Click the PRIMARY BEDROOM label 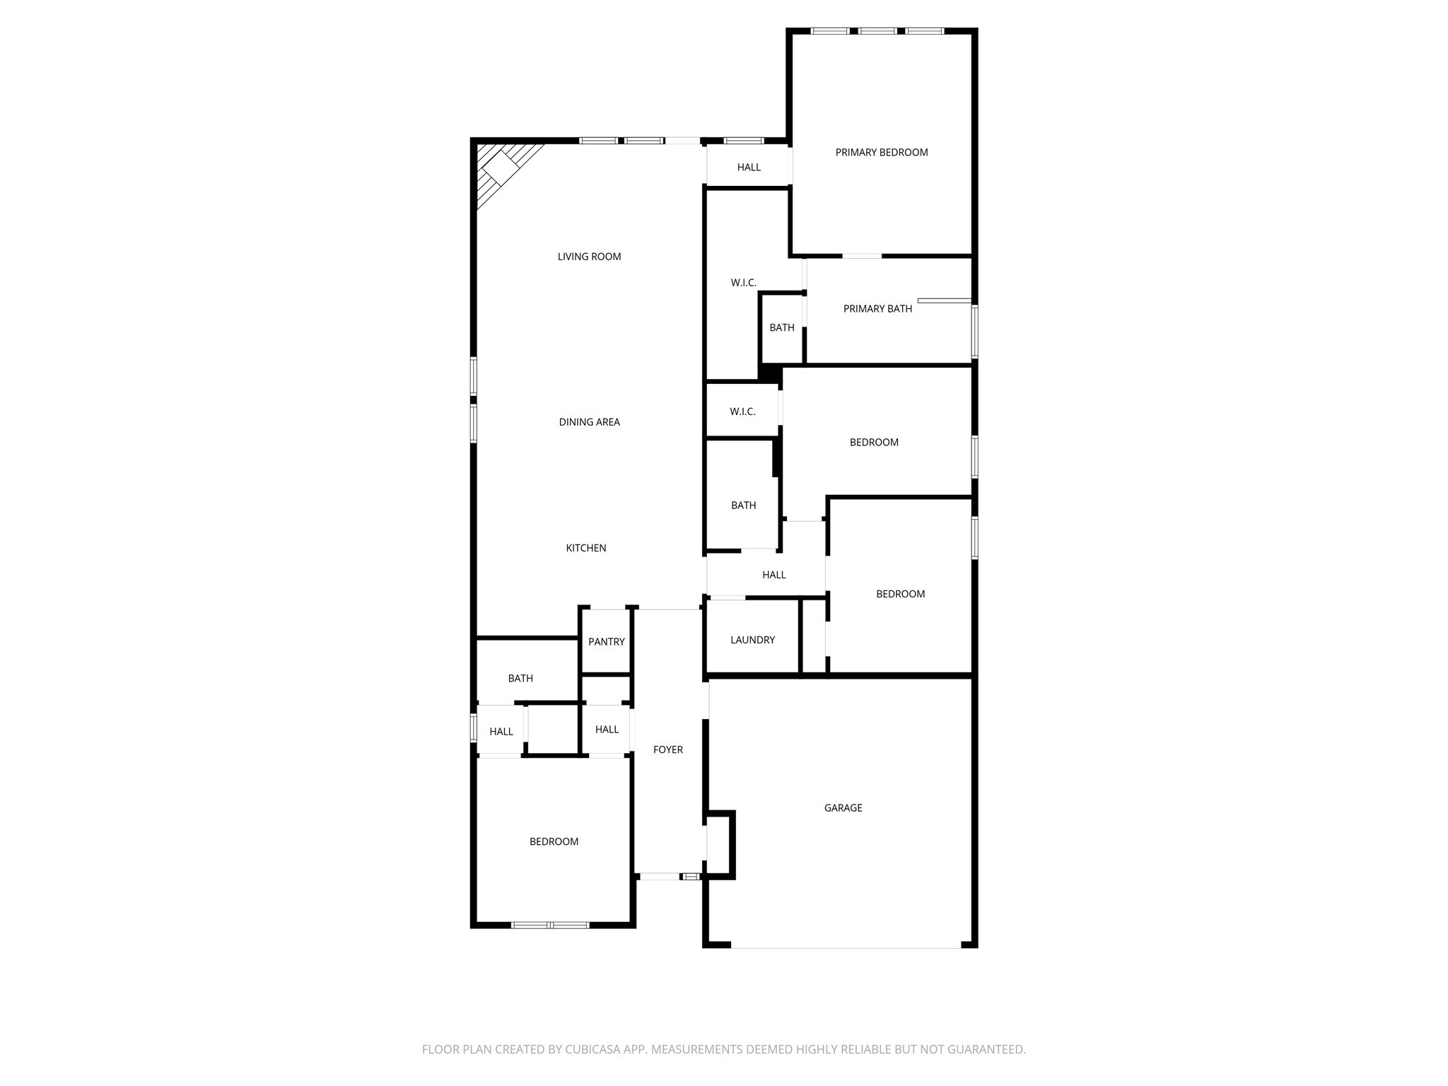point(881,152)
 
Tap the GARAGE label point(843,807)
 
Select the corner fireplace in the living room point(501,170)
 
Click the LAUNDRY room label point(752,640)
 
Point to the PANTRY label point(606,642)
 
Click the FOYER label point(667,749)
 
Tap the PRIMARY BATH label point(877,309)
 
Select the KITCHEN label point(585,548)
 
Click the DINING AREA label point(589,422)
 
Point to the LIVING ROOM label point(589,257)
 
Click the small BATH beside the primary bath point(781,327)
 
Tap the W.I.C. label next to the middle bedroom point(742,411)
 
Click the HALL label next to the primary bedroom point(749,168)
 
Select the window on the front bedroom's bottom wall point(550,924)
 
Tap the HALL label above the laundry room point(773,575)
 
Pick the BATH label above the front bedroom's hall point(520,678)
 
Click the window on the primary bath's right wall point(974,331)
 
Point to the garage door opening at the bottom point(846,947)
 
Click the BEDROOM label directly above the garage point(900,594)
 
